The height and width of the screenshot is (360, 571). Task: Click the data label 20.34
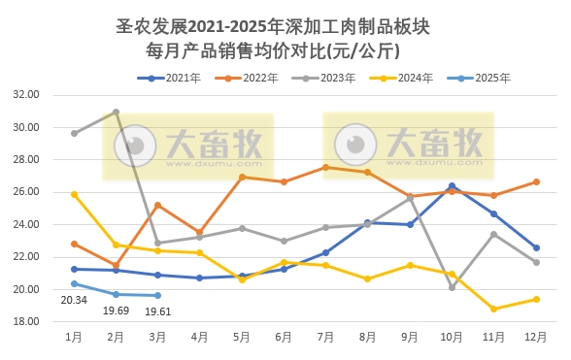74,301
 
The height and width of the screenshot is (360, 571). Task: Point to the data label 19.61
158,311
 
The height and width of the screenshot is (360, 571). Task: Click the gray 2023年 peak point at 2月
116,113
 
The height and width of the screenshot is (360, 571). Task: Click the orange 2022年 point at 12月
536,181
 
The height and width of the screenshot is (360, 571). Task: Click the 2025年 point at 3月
158,295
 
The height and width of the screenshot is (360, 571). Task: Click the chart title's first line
285,26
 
